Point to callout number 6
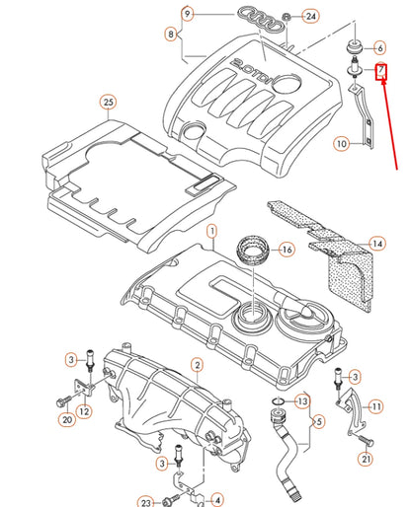click(379, 47)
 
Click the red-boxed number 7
click(380, 72)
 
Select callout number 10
click(340, 144)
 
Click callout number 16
click(287, 249)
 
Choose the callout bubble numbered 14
click(376, 242)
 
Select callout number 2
click(197, 365)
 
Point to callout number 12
click(84, 410)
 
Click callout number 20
click(67, 420)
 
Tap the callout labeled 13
click(301, 401)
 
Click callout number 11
click(375, 404)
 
